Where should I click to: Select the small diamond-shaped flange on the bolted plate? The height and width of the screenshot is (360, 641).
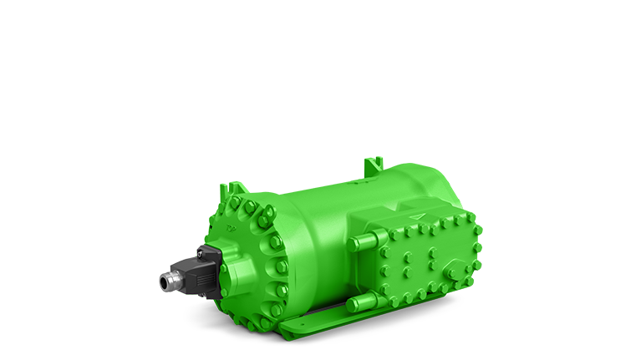(x=455, y=271)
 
